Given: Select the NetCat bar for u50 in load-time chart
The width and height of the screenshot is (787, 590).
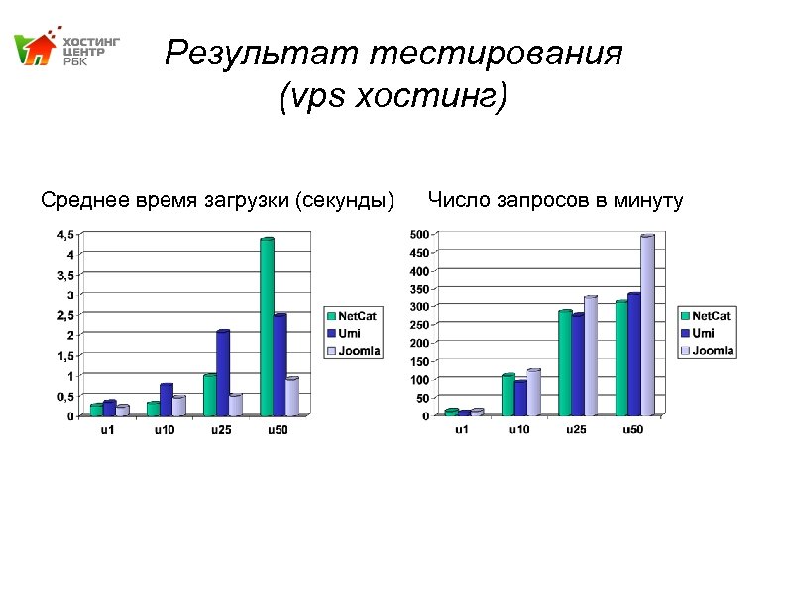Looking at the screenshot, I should coord(266,327).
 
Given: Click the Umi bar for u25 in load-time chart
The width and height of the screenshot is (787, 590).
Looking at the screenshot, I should coord(223,373).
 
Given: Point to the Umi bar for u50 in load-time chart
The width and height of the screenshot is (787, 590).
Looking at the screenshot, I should coord(280,365).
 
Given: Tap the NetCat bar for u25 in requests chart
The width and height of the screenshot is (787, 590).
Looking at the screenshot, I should coord(565,363).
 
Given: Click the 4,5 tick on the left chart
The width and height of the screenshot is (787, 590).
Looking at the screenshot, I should coord(63,234).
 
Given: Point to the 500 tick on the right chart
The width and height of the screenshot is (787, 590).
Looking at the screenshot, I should coord(418,234).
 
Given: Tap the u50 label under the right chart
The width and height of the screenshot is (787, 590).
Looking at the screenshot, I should coord(631,430).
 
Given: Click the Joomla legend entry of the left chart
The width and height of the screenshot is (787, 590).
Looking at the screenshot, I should coord(359,351).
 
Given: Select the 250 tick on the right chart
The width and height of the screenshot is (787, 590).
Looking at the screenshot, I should coord(418,325).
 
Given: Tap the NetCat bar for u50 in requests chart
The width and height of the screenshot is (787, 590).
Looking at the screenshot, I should coord(621,358).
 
